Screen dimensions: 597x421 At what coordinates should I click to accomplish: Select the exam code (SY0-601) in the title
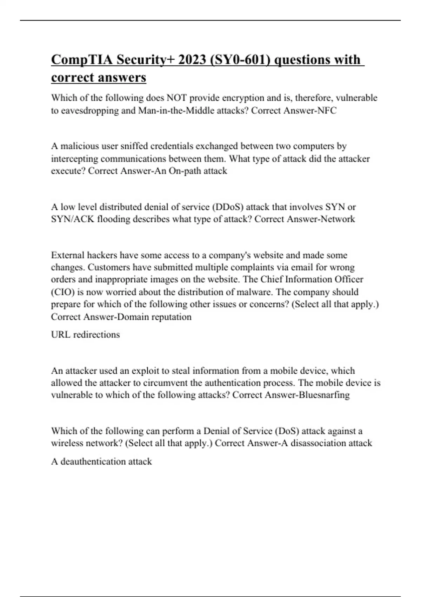click(240, 60)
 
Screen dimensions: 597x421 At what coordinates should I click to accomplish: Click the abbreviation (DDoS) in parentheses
click(227, 207)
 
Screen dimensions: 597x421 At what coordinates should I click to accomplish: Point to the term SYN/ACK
click(73, 219)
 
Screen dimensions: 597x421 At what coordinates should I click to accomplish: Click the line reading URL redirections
click(85, 334)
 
